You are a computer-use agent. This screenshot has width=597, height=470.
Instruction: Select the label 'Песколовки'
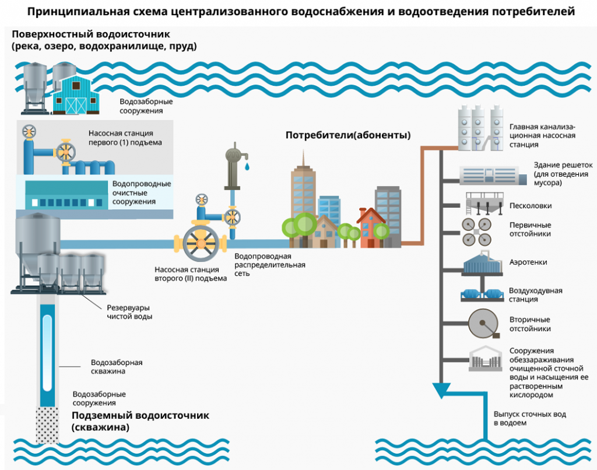[530, 206]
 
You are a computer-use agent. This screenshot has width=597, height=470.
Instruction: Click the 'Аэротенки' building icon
[482, 264]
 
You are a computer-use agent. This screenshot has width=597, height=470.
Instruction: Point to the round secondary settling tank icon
[483, 324]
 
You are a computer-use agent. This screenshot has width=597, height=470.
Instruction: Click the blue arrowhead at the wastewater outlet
[443, 389]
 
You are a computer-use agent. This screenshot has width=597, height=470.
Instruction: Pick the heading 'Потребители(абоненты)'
[348, 135]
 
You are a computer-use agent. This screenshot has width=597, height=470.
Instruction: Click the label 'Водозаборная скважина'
[117, 366]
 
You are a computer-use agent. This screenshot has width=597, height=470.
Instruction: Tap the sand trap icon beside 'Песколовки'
[483, 206]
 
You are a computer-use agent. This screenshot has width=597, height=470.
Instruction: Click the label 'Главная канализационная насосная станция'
[542, 136]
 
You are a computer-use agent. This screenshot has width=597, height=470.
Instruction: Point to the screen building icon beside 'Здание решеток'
[489, 174]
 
